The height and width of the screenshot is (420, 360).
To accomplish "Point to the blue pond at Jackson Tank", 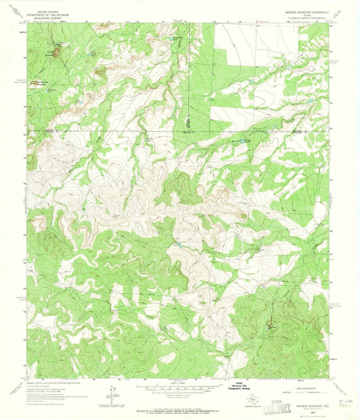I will [x=243, y=141].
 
